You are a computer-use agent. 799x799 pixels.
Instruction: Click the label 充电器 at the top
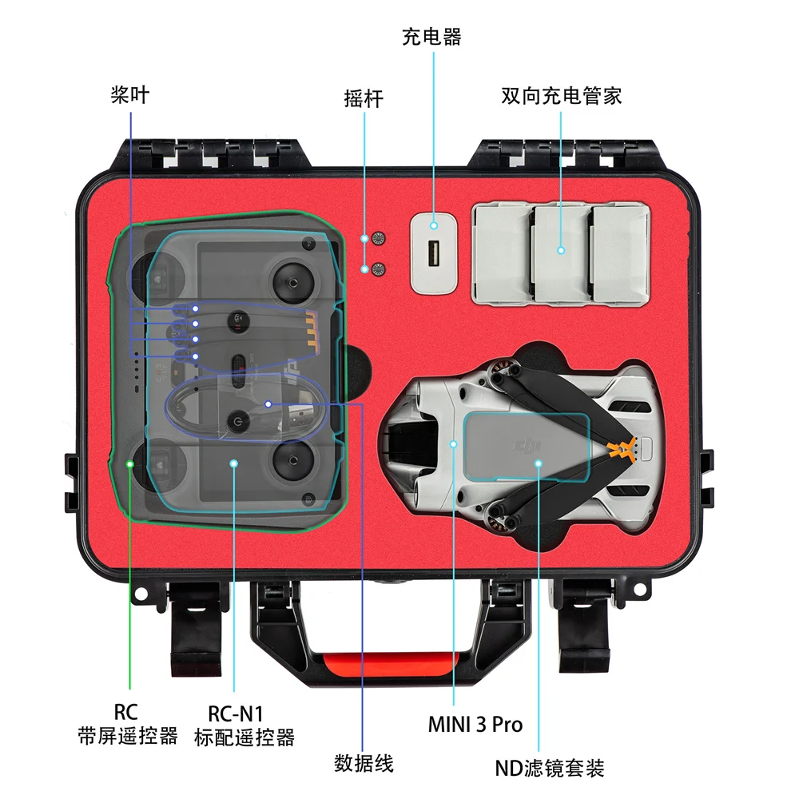coord(431,38)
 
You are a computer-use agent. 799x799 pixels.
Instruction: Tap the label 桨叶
coord(130,95)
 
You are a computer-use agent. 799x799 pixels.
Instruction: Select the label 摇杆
coord(364,98)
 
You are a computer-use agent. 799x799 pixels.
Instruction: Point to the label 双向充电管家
coord(561,96)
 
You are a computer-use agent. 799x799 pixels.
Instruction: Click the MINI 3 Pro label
coord(475,724)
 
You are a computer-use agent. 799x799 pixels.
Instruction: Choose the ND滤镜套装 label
coord(550,768)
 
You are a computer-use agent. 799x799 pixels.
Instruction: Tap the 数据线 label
coord(364,763)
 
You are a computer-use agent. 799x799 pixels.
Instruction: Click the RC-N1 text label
coord(236,714)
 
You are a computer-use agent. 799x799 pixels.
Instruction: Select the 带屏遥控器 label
coord(127,736)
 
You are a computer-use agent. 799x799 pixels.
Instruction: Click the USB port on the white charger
coord(434,252)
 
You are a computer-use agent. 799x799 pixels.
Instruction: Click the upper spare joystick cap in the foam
coord(378,238)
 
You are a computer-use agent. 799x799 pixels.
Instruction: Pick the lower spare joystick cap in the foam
coord(378,269)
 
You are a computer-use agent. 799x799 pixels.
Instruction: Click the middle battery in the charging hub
coord(561,254)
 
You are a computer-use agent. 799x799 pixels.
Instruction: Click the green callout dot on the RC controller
coord(130,464)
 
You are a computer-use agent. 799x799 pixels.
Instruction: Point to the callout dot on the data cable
coord(268,404)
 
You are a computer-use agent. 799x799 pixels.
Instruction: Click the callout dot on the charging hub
coord(561,250)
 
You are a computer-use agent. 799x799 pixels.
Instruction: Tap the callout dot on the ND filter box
coord(538,463)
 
